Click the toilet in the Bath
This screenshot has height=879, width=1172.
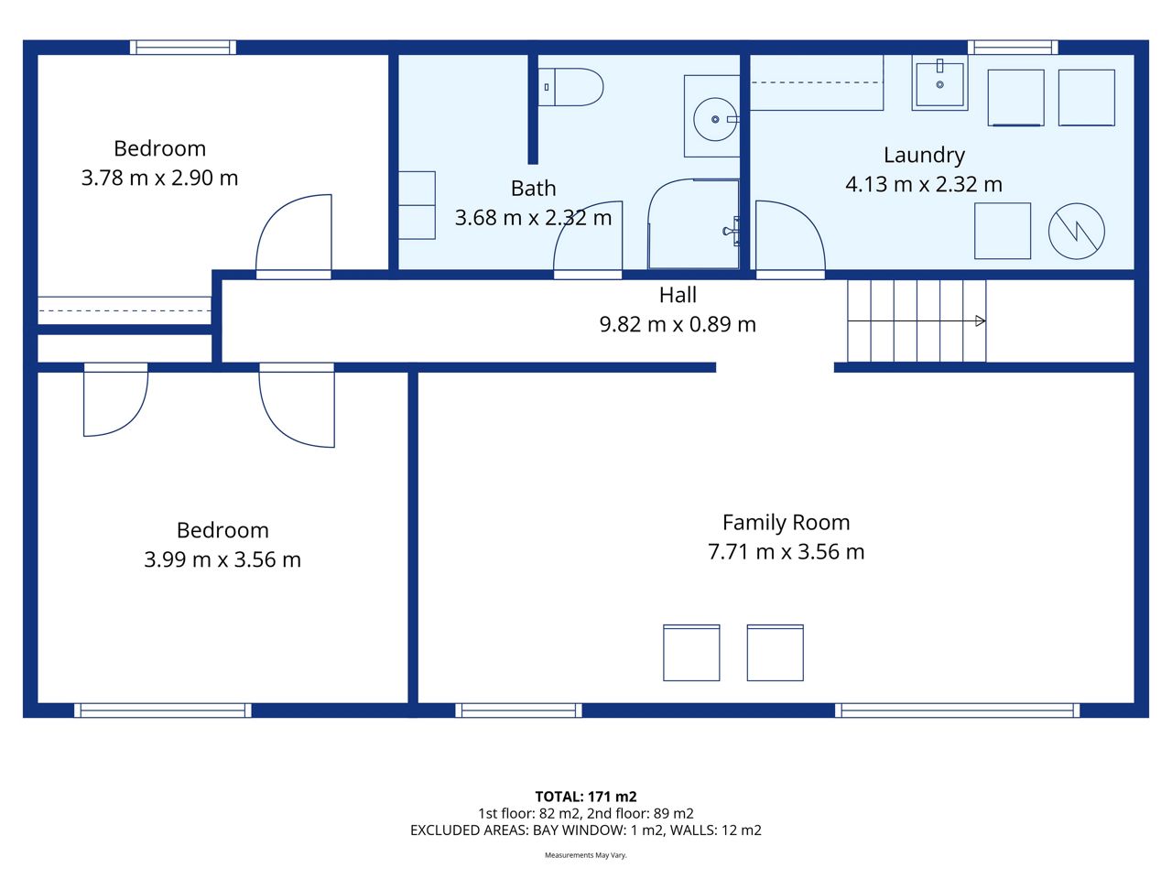(570, 87)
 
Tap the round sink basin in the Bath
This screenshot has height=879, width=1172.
(715, 120)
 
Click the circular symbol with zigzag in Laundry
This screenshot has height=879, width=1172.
(1077, 231)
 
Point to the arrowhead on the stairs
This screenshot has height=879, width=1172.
(981, 320)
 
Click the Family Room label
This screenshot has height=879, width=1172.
(786, 523)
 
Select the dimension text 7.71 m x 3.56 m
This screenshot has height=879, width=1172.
(786, 552)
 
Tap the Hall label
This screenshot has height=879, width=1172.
(678, 295)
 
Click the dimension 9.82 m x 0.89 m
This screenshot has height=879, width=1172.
(678, 324)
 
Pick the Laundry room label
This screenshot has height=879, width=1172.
(924, 156)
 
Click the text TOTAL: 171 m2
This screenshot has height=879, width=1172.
(586, 797)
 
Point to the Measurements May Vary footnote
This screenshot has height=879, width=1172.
(586, 855)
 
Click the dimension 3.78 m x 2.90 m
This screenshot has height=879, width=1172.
(159, 178)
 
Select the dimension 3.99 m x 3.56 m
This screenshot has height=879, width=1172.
(222, 559)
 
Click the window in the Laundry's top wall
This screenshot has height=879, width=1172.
(1013, 48)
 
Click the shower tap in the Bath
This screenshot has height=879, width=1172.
(731, 231)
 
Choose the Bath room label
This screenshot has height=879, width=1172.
(534, 189)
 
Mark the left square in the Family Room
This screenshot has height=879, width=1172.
(691, 653)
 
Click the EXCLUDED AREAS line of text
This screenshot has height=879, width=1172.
(586, 830)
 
